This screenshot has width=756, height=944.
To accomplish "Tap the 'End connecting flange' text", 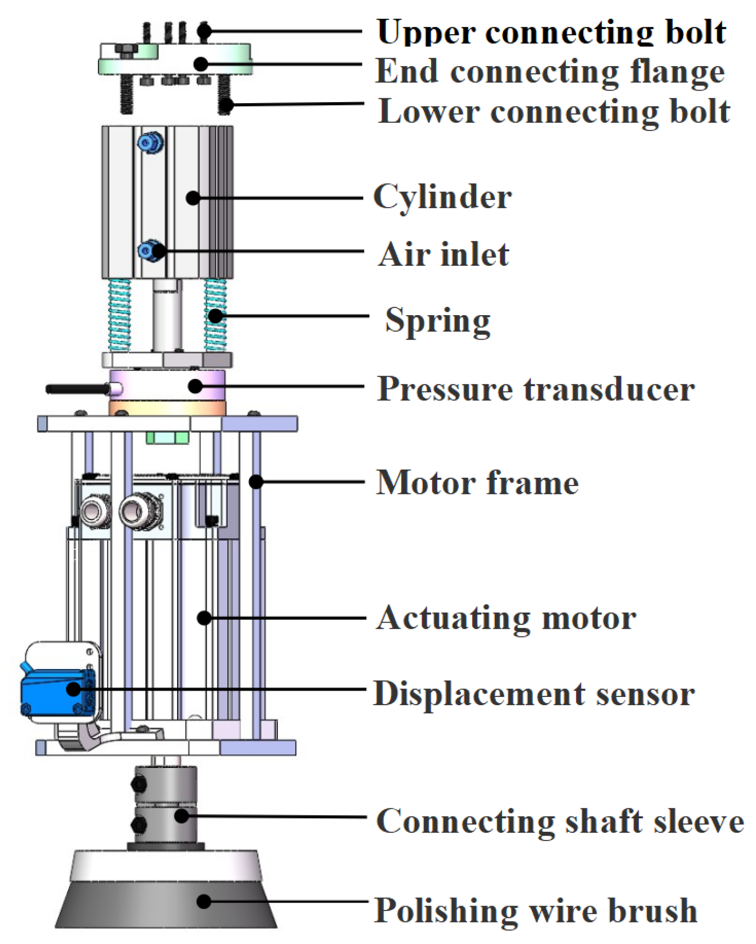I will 549,71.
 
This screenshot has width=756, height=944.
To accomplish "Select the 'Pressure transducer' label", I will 535,389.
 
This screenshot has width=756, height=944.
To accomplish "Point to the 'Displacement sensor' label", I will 533,694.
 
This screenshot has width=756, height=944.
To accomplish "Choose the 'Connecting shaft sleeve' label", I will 560,821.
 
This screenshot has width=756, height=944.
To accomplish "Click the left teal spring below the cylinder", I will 119,314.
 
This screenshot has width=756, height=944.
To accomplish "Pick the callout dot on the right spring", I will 216,316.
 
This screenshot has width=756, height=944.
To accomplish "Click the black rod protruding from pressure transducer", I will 77,389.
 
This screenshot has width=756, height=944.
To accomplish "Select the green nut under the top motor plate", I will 167,437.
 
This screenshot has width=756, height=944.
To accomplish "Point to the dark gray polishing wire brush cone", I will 166,904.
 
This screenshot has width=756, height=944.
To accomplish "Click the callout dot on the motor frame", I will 256,481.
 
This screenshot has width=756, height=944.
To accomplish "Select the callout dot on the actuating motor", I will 204,617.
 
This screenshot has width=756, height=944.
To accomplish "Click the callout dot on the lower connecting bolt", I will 226,105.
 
